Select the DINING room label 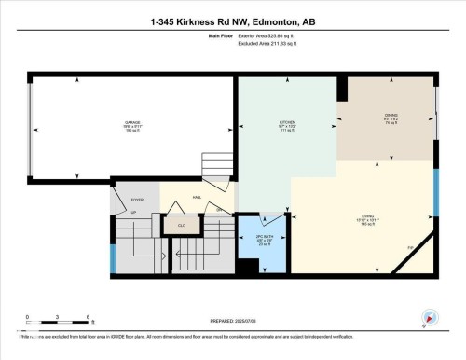[x=391, y=118]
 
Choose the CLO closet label [x=182, y=225]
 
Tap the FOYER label [x=136, y=200]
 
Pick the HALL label [x=198, y=197]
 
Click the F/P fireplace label [x=409, y=246]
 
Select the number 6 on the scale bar [x=87, y=318]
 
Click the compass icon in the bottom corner [x=429, y=319]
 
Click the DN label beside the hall [x=220, y=210]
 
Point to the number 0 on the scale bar [x=28, y=318]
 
